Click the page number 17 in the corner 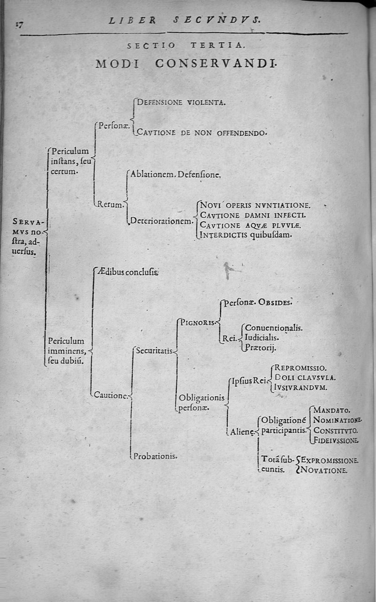pyautogui.click(x=19, y=25)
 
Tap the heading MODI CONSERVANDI pyautogui.click(x=185, y=64)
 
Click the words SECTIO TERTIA pyautogui.click(x=186, y=46)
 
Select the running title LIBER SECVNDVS pyautogui.click(x=184, y=20)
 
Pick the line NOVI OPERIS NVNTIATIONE pyautogui.click(x=255, y=205)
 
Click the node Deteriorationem pyautogui.click(x=161, y=220)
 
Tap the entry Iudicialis pyautogui.click(x=262, y=337)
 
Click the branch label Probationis pyautogui.click(x=155, y=456)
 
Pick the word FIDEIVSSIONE pyautogui.click(x=336, y=441)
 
